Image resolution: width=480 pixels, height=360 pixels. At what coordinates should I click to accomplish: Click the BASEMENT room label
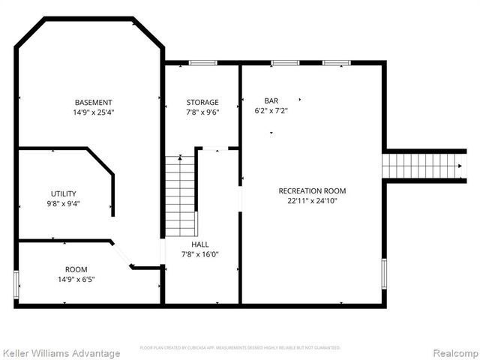tap(94, 103)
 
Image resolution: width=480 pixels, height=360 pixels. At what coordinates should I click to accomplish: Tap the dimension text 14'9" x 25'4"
tap(94, 112)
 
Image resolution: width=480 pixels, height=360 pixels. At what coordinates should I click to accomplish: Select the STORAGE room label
tap(202, 103)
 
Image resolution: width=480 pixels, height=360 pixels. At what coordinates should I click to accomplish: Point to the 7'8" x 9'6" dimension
tap(202, 112)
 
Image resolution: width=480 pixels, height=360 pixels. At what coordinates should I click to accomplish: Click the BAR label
tap(271, 100)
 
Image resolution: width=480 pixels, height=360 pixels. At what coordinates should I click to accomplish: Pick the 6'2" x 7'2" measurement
tap(271, 110)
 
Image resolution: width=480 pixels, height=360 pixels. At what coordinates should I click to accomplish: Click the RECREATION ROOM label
tap(312, 191)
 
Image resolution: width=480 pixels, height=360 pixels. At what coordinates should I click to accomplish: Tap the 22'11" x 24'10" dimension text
tap(312, 201)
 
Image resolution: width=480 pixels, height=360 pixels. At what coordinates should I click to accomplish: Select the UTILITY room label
tap(64, 193)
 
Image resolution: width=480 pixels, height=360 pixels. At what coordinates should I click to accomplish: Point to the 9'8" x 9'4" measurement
tap(64, 203)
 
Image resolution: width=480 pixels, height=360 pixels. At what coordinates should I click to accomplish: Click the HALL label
tap(200, 244)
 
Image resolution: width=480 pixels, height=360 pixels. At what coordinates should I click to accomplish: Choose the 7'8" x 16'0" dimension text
tap(200, 254)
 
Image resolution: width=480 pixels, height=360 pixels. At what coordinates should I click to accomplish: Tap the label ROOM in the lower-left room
tap(76, 269)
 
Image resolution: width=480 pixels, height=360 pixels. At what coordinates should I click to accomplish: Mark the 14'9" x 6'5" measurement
tap(76, 279)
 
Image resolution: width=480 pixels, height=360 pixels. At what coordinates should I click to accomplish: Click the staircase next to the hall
tap(180, 195)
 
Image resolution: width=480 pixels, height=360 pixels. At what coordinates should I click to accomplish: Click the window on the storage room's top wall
tap(202, 62)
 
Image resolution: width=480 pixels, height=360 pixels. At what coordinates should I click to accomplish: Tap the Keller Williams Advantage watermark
tap(61, 352)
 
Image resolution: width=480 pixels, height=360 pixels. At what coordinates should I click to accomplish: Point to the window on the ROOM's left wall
tap(16, 286)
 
